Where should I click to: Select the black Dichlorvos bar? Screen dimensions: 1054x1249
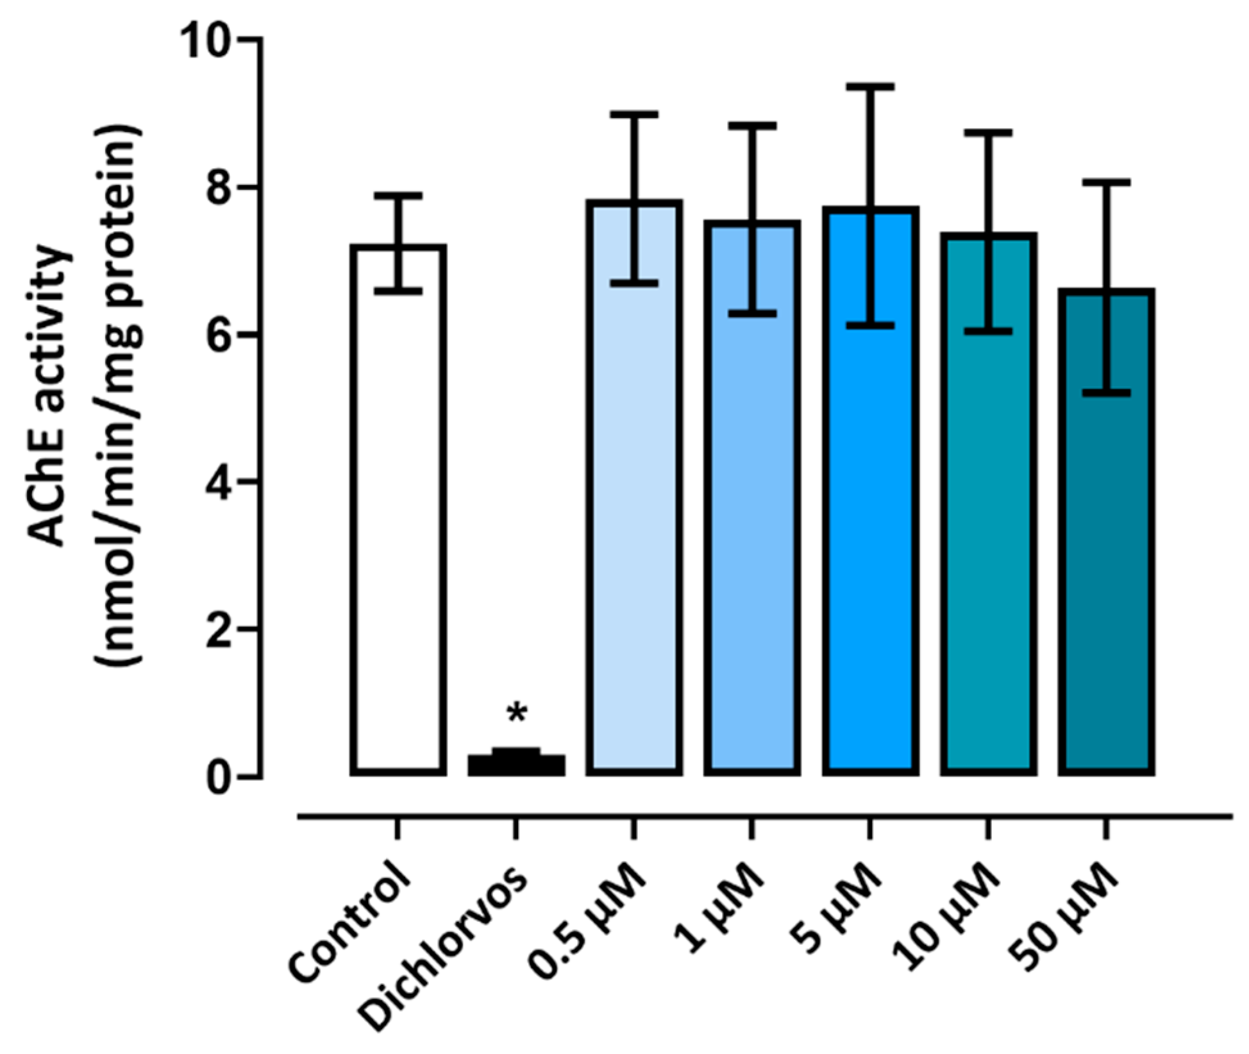tap(516, 765)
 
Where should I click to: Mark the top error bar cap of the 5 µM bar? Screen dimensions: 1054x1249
tap(870, 86)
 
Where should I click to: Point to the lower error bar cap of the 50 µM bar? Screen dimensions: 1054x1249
tap(1106, 392)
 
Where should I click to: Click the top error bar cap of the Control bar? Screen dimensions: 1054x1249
tap(398, 194)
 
